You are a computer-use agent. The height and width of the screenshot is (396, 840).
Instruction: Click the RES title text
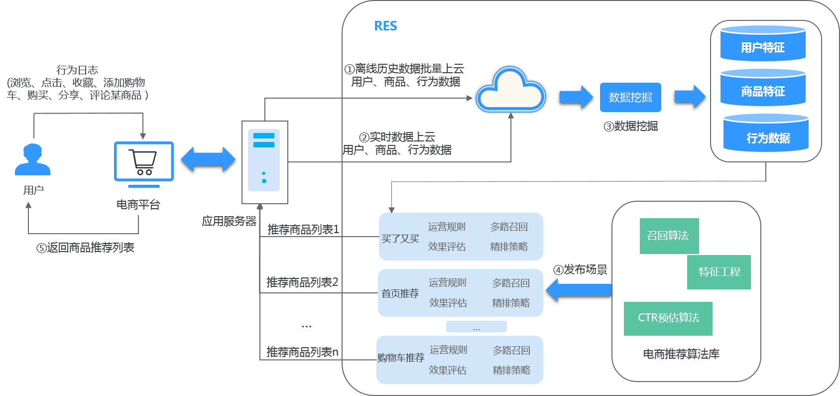(385, 26)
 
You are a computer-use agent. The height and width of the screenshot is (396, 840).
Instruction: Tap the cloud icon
(510, 91)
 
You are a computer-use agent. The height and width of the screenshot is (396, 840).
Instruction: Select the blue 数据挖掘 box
(630, 97)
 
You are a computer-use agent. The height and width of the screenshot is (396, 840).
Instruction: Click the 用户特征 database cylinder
(762, 44)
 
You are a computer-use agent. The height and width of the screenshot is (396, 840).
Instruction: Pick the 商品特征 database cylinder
(762, 88)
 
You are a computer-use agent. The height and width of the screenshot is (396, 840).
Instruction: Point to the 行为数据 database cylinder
(766, 133)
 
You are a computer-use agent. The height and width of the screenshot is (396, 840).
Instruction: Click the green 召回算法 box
(669, 236)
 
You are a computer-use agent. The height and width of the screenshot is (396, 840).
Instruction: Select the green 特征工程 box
(719, 272)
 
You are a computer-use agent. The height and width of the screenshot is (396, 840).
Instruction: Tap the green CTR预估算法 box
(668, 318)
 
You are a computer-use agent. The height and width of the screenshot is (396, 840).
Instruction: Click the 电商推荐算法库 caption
(681, 354)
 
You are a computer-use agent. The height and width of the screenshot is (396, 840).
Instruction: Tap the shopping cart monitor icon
(143, 162)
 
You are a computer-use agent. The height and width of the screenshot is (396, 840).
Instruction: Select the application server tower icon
(264, 162)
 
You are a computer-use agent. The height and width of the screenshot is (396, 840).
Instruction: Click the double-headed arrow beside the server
(208, 159)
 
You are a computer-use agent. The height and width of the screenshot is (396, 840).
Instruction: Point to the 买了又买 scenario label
(400, 239)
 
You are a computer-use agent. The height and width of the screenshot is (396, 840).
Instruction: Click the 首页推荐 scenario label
(400, 293)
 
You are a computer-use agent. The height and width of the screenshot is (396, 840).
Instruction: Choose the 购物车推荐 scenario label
(401, 358)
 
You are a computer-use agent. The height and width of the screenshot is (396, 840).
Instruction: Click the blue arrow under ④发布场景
(579, 290)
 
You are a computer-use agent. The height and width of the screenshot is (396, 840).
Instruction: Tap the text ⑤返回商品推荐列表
(85, 248)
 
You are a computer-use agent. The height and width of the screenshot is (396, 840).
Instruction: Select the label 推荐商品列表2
(302, 282)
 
